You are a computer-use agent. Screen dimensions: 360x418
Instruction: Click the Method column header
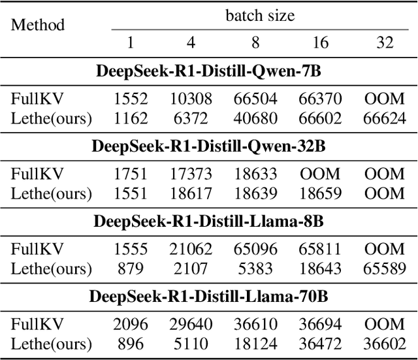click(39, 25)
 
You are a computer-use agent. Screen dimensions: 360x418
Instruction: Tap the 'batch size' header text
click(260, 15)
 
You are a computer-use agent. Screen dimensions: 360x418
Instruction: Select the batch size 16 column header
click(320, 42)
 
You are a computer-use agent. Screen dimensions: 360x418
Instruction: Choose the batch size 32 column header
click(385, 42)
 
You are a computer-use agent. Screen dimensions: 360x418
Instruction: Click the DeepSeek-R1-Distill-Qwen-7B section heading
click(209, 71)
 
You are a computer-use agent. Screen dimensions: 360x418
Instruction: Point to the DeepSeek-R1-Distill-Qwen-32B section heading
click(209, 146)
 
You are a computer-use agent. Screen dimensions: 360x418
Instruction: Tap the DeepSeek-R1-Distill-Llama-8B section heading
click(209, 221)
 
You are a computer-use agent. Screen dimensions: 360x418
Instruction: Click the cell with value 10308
click(191, 99)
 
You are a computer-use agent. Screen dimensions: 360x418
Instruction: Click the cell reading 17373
click(191, 174)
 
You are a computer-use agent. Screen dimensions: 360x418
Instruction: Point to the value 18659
click(320, 193)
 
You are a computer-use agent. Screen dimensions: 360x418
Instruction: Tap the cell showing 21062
click(191, 250)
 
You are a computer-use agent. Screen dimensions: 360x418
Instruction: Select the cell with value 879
click(131, 268)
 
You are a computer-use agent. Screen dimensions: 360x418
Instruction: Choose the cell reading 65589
click(385, 268)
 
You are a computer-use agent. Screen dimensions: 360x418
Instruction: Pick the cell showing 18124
click(255, 344)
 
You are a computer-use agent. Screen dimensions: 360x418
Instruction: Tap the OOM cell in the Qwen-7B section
click(385, 99)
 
